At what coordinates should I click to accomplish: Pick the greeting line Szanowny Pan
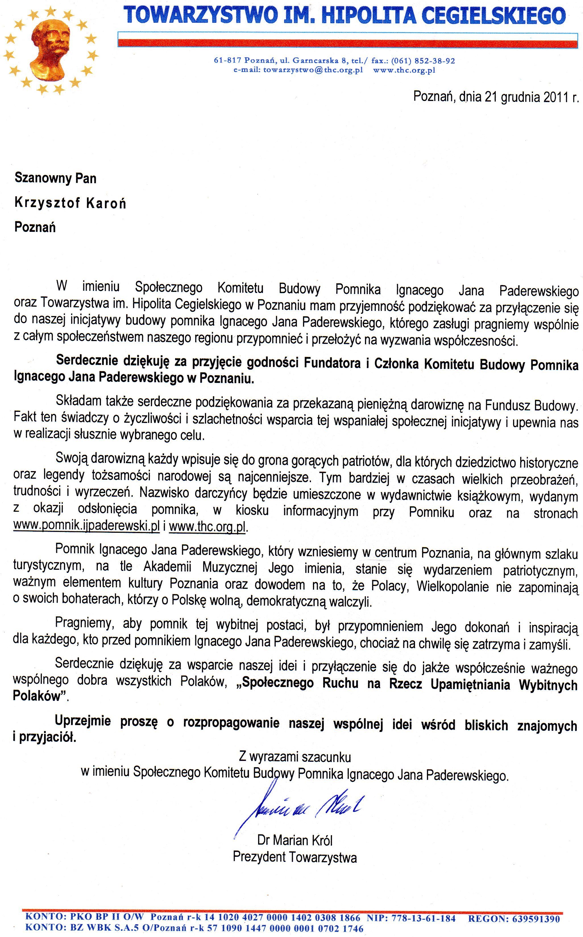click(x=55, y=178)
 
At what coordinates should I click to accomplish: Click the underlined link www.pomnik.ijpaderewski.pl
click(x=86, y=527)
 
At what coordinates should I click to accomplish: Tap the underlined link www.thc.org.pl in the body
click(x=207, y=527)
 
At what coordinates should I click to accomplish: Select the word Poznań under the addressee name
click(x=35, y=227)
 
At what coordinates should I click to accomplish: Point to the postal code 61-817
click(x=227, y=61)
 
